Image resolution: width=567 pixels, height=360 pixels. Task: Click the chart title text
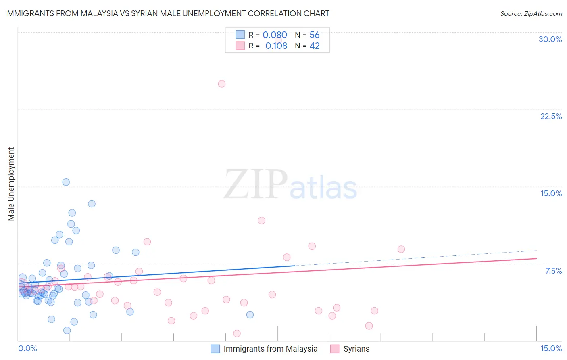167,13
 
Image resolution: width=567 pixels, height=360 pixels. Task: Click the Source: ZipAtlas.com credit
531,13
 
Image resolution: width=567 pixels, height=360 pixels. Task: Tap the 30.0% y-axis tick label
550,39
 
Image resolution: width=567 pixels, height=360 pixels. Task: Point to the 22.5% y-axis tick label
551,116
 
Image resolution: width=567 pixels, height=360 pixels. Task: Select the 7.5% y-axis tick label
553,271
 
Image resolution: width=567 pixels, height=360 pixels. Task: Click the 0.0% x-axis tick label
27,348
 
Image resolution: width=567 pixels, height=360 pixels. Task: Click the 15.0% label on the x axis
551,348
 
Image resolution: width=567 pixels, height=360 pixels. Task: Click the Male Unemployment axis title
11,184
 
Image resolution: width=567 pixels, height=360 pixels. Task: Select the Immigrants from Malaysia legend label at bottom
270,349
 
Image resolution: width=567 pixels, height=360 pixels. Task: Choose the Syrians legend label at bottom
356,349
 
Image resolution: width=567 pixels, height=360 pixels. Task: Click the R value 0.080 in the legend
275,35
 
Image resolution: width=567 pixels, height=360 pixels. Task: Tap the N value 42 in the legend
315,46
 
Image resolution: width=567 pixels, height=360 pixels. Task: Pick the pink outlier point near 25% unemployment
221,84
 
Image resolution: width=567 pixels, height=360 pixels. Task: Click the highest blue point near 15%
66,182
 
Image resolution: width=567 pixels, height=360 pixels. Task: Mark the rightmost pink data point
401,249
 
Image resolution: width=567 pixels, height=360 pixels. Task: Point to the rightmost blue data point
250,315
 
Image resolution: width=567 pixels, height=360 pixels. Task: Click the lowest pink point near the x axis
237,333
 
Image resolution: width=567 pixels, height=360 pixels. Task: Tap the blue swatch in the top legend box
240,35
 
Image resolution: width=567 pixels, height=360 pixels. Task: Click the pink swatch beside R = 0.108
240,46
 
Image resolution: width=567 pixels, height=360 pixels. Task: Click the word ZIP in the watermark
255,184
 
